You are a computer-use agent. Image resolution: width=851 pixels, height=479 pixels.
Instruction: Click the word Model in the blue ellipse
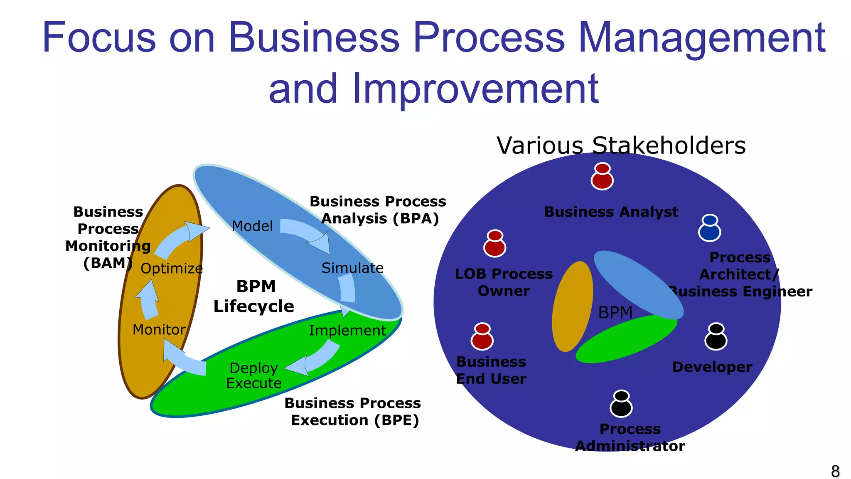(x=252, y=226)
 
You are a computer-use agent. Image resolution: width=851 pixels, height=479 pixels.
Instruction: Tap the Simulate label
(x=352, y=268)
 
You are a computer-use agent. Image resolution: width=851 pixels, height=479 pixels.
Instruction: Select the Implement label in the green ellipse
(x=347, y=331)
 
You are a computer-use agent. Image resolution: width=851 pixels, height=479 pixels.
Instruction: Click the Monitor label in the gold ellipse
(x=159, y=330)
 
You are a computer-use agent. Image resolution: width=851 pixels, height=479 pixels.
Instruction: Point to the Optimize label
(x=172, y=269)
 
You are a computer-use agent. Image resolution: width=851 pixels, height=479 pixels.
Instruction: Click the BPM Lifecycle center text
(x=254, y=296)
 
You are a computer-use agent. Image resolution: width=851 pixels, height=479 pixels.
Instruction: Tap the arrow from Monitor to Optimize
(x=148, y=299)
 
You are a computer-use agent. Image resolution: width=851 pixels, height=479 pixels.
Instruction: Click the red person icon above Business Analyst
(x=602, y=176)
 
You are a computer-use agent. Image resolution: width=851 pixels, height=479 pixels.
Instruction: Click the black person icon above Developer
(x=716, y=336)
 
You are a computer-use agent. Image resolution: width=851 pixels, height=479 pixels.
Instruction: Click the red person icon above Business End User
(x=482, y=336)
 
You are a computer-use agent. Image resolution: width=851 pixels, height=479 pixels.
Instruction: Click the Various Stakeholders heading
(x=621, y=146)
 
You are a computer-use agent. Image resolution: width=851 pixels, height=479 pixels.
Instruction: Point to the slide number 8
(x=835, y=472)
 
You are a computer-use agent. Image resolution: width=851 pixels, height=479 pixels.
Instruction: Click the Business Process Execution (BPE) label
(x=353, y=412)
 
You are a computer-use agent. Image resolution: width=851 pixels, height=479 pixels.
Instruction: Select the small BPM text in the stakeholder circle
(x=615, y=312)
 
